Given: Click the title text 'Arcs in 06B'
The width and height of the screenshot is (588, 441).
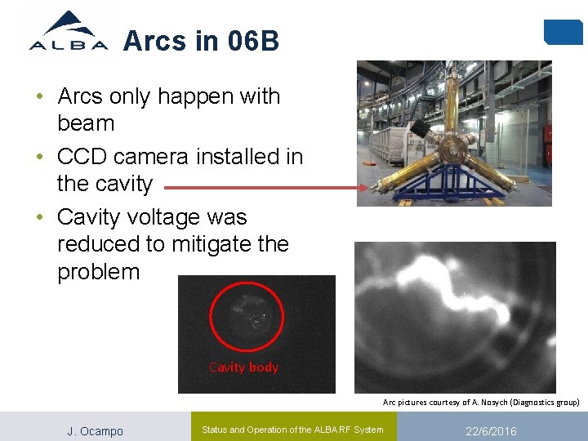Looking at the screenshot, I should pyautogui.click(x=201, y=40).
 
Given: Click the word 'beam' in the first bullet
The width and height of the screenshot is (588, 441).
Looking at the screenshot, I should pyautogui.click(x=86, y=124).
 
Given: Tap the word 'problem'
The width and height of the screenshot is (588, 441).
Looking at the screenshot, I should pyautogui.click(x=99, y=271).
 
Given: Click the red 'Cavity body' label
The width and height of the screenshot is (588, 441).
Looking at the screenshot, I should pyautogui.click(x=243, y=367).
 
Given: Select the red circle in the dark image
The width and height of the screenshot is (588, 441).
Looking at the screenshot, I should pyautogui.click(x=247, y=317).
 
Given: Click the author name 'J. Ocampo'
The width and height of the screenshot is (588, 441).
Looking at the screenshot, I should pyautogui.click(x=95, y=431).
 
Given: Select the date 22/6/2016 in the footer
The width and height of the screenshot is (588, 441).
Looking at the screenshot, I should pyautogui.click(x=490, y=431).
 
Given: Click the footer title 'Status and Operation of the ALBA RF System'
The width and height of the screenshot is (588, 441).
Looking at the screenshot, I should pyautogui.click(x=292, y=430).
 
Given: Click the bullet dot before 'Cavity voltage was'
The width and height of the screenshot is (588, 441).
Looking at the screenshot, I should pyautogui.click(x=39, y=218).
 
